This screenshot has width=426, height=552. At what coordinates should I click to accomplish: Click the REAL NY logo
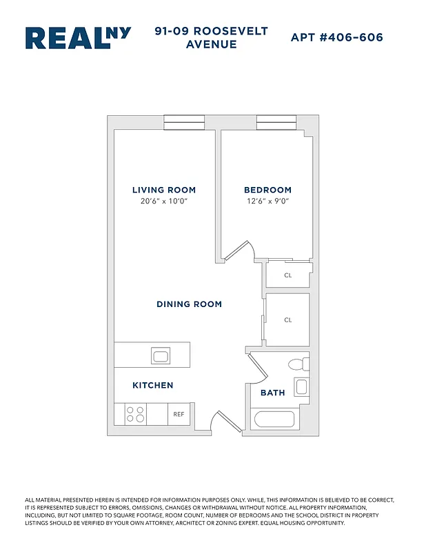coord(78,39)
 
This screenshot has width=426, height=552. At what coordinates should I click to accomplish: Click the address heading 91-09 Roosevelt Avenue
coord(212,38)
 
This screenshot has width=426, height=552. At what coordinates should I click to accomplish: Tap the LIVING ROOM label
coord(164,190)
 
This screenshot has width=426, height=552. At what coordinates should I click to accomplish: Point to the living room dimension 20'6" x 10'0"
coord(164,201)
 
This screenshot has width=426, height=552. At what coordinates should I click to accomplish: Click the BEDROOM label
coord(267,190)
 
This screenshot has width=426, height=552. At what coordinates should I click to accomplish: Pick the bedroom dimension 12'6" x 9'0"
coord(267,201)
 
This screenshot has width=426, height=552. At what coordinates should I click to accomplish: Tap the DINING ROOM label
coord(189,304)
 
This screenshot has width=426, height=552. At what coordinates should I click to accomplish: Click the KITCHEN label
coord(153,385)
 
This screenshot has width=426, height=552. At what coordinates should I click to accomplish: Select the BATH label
coord(272,393)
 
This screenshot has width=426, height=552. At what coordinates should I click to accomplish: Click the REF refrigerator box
coord(179,414)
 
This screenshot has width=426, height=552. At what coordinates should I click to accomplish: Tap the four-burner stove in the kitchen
coord(135,414)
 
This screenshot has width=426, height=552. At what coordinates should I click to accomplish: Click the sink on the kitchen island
coord(161,356)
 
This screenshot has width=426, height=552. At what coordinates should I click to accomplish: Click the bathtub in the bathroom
coord(274,419)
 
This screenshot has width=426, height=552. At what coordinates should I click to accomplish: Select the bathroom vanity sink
coord(301,386)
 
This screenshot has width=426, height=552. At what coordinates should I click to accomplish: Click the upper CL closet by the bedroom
coord(289,275)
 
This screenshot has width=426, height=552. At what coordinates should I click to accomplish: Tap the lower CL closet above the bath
coord(288,319)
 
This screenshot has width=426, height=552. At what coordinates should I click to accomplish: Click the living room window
coord(184,122)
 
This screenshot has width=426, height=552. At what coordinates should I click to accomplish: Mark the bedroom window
coord(276,122)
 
